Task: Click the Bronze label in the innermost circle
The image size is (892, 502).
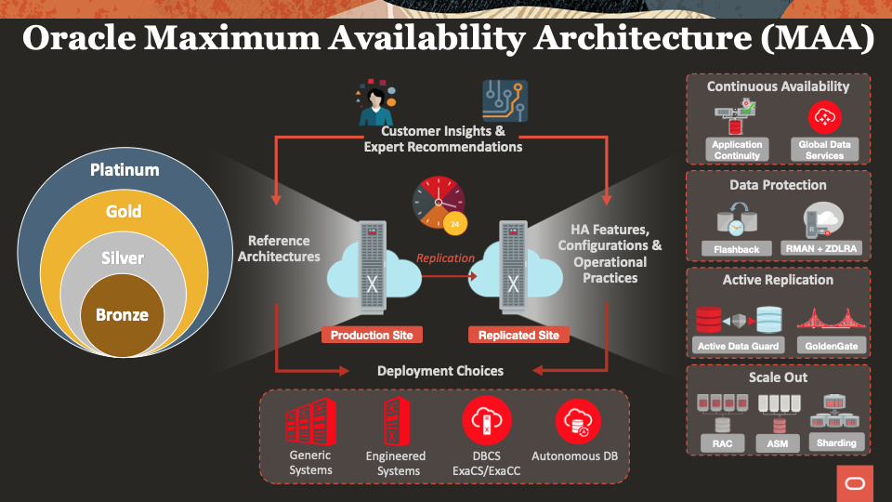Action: click(122, 314)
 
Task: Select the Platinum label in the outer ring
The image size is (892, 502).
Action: click(125, 169)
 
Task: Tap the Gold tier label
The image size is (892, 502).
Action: click(124, 212)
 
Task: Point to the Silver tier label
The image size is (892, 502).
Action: click(123, 258)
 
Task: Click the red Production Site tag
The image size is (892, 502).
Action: click(372, 335)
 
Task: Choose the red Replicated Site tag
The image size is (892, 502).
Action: click(518, 335)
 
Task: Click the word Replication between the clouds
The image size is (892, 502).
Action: click(445, 258)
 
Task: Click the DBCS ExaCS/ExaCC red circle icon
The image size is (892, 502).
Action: click(487, 422)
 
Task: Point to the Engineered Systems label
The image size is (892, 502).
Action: click(395, 462)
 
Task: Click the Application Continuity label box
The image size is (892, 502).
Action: click(737, 150)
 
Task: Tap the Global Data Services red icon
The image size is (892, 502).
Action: click(823, 117)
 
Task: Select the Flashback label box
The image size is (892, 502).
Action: click(737, 249)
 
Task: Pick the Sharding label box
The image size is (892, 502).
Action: click(836, 443)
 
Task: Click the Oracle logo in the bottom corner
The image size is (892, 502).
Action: click(854, 483)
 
